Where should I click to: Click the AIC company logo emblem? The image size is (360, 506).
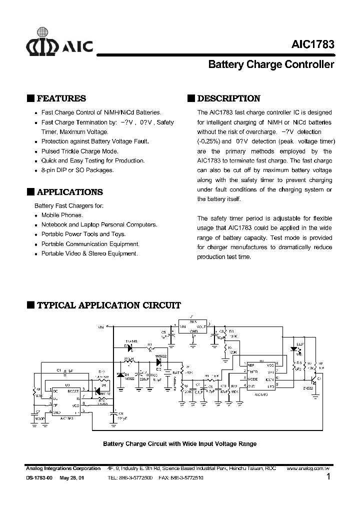[42, 46]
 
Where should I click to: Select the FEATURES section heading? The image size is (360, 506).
[61, 98]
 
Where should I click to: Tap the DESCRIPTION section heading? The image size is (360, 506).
[228, 98]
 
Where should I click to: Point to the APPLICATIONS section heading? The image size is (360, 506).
[69, 192]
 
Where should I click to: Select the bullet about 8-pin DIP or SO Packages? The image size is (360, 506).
[77, 170]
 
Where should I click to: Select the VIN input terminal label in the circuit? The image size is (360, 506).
[100, 326]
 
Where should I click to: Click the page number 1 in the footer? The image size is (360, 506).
[328, 477]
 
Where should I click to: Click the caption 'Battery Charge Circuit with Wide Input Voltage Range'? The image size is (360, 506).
[179, 443]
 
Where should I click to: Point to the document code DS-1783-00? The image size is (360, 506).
[39, 478]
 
